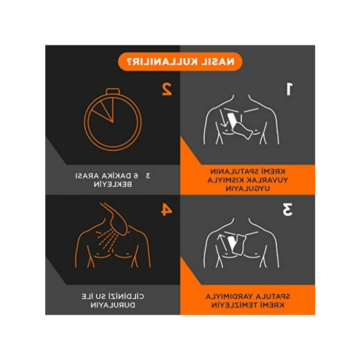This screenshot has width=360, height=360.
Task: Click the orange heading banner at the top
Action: [x=180, y=62]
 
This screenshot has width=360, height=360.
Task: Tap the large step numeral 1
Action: [x=289, y=89]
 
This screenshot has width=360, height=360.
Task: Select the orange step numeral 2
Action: [x=167, y=89]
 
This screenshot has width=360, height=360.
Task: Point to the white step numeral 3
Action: [x=287, y=209]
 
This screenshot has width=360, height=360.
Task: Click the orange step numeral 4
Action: [x=167, y=209]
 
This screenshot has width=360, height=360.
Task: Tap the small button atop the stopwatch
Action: [x=113, y=91]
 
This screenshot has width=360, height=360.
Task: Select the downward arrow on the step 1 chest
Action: [x=223, y=119]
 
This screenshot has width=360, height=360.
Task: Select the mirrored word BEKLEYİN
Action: [x=113, y=184]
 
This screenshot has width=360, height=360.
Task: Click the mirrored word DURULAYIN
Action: [x=113, y=305]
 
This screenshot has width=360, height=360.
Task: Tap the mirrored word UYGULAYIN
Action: [x=248, y=189]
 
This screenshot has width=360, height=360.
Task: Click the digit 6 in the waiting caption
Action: [x=136, y=176]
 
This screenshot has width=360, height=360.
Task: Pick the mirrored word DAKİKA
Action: [x=113, y=176]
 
